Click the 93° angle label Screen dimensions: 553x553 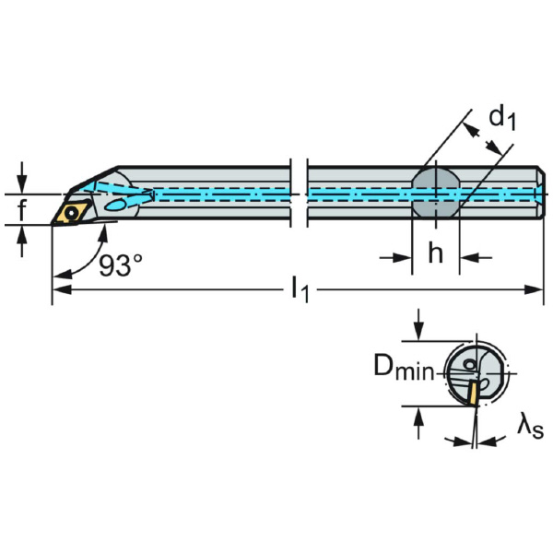pos(120,265)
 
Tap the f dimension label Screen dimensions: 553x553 pos(22,211)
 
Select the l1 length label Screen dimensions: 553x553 pos(300,289)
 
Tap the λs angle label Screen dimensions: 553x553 pos(530,425)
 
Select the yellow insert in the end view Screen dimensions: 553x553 pos(471,394)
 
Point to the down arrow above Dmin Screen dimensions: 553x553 pos(420,331)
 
